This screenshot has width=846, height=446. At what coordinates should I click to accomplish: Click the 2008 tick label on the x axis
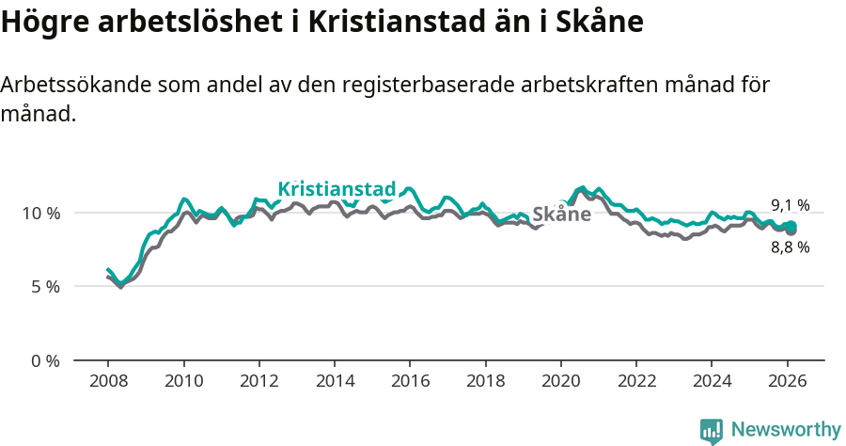107,383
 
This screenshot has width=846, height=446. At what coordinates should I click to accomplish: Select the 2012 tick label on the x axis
258,383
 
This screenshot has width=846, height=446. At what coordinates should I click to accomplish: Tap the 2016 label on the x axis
410,383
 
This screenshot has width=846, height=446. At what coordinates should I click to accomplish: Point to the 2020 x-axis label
560,383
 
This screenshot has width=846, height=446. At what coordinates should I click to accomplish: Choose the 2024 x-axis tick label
712,383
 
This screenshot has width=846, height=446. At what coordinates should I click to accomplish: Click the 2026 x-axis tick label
787,383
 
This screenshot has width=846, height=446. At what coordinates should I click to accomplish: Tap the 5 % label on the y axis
45,286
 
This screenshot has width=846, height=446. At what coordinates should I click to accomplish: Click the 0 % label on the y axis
45,360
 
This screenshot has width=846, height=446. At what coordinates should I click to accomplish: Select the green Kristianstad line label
337,188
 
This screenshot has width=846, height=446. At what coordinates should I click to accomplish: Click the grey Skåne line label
561,215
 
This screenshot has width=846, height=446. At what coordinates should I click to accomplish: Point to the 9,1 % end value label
790,205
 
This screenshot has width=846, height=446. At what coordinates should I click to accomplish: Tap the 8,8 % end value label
790,247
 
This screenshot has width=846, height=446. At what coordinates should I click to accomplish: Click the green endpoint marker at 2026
791,226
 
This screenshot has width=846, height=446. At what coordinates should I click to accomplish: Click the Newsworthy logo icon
712,430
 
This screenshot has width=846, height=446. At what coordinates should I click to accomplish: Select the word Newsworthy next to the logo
785,430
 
